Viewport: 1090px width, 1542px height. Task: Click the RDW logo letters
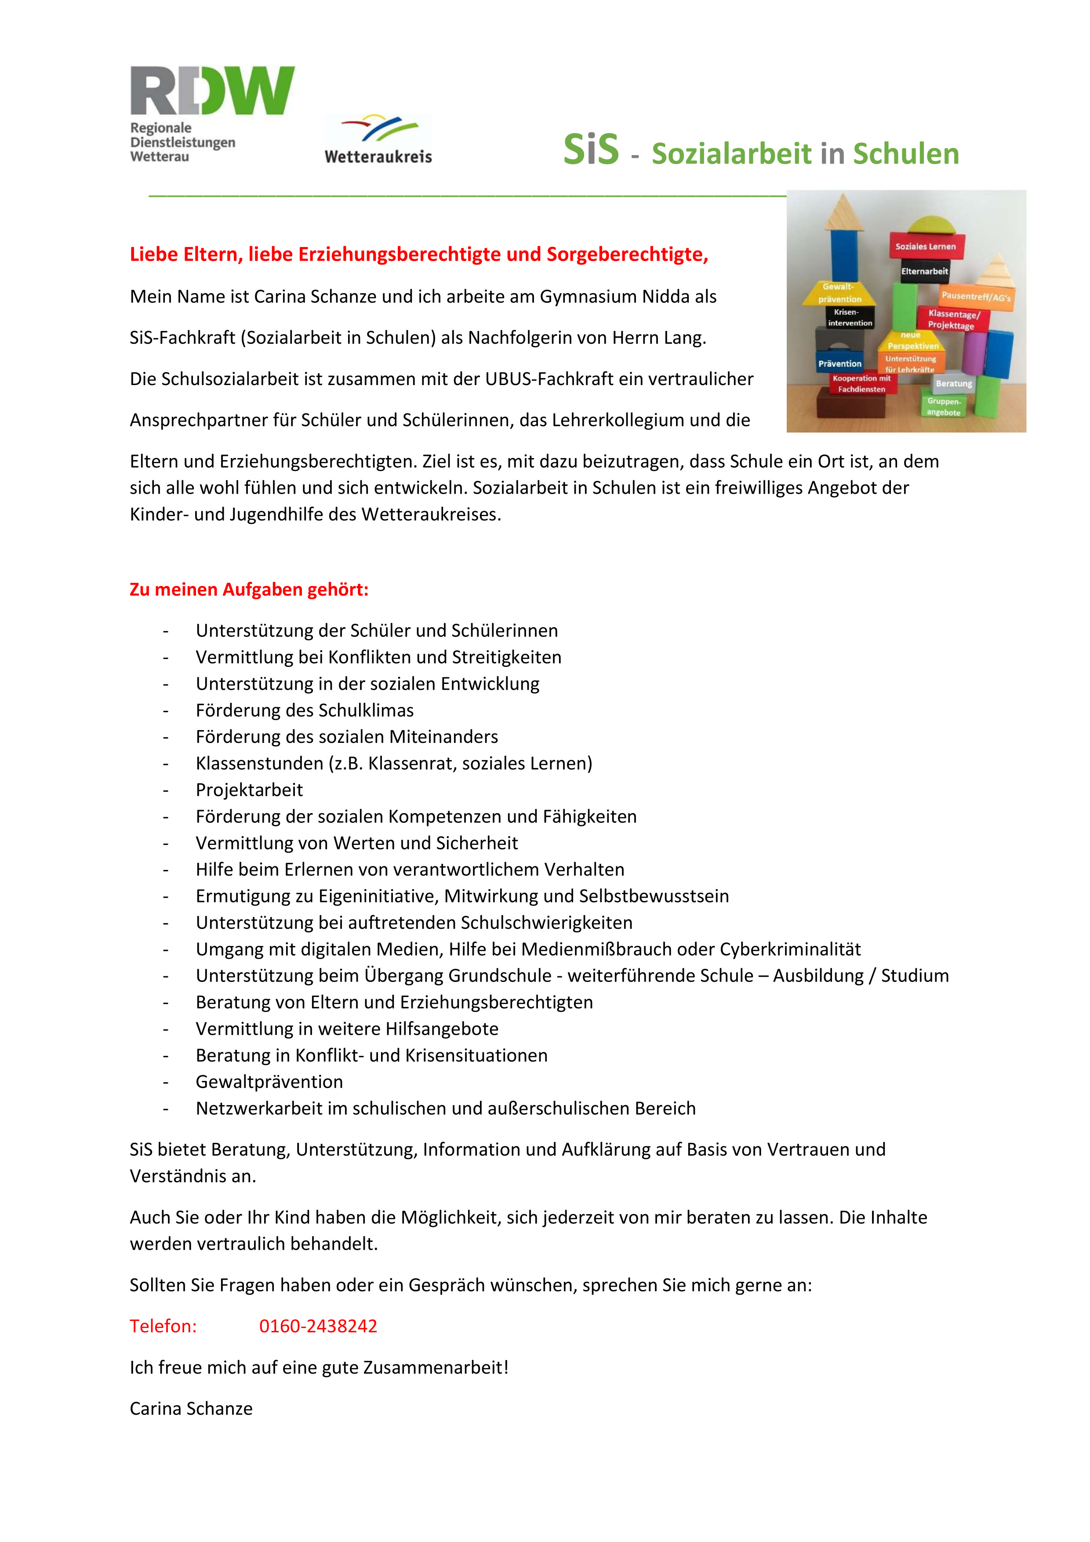[x=212, y=90]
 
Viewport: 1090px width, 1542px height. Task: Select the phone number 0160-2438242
[x=318, y=1327]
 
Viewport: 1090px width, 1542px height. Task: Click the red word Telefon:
[x=163, y=1327]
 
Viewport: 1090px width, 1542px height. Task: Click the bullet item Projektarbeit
[x=249, y=790]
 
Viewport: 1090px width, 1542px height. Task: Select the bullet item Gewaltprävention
[x=269, y=1082]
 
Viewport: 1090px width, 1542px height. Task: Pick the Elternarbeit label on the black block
[x=924, y=271]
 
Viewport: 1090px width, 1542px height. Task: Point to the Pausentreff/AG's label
[x=975, y=296]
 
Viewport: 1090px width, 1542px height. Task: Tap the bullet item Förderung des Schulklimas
[x=304, y=710]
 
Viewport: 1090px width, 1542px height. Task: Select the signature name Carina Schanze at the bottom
[x=191, y=1408]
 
